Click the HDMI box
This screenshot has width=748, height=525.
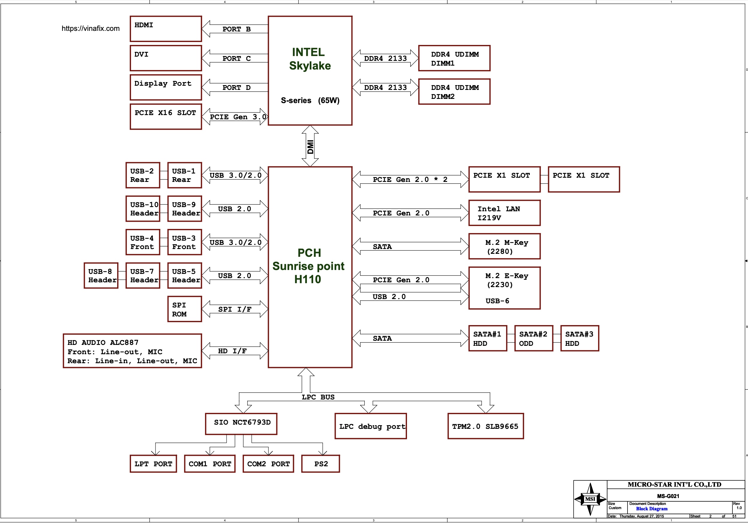click(165, 29)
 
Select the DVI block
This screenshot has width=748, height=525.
click(165, 58)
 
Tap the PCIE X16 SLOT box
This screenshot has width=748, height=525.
click(165, 116)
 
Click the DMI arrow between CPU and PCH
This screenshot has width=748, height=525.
click(310, 146)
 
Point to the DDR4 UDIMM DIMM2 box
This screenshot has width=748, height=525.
click(454, 91)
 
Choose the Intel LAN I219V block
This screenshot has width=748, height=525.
click(504, 213)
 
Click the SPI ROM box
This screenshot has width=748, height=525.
click(184, 309)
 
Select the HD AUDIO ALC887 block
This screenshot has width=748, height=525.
click(132, 351)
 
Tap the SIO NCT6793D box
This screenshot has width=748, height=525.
click(241, 424)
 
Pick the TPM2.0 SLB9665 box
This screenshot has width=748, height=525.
click(485, 426)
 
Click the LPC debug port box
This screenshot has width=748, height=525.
click(370, 426)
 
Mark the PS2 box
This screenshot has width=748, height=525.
click(320, 464)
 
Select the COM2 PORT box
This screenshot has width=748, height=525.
click(268, 464)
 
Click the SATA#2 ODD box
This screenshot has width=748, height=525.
click(533, 338)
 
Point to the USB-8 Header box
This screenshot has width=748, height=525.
click(101, 275)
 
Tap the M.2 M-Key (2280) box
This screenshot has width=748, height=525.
click(504, 247)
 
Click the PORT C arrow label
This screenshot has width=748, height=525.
click(236, 58)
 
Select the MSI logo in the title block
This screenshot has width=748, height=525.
click(590, 499)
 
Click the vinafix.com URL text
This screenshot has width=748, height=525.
click(91, 28)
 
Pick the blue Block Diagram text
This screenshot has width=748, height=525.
click(652, 509)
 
